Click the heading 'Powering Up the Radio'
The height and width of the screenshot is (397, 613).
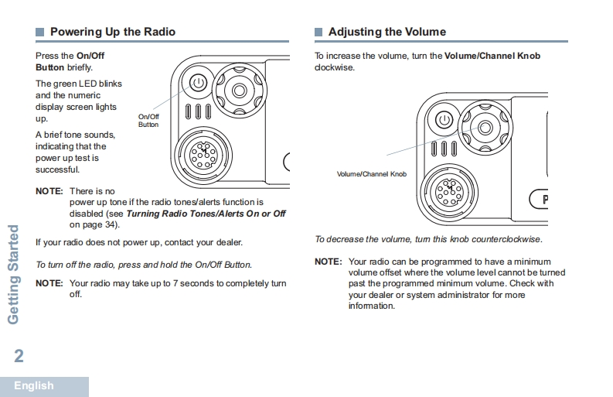point(112,32)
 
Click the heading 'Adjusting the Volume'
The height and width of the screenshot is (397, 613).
point(387,32)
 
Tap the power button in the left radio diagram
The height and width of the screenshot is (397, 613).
point(197,81)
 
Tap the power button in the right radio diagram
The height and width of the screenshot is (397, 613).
point(444,120)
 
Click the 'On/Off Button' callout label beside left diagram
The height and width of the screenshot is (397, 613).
point(148,121)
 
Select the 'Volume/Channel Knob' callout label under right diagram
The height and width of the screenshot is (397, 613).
point(371,174)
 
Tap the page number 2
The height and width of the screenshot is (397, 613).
point(19,356)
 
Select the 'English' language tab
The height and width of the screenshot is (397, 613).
point(34,385)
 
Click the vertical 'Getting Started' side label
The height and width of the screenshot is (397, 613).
point(13,275)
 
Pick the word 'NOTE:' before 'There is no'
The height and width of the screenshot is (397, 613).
point(49,191)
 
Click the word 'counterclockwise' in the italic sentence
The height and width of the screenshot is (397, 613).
point(506,240)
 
